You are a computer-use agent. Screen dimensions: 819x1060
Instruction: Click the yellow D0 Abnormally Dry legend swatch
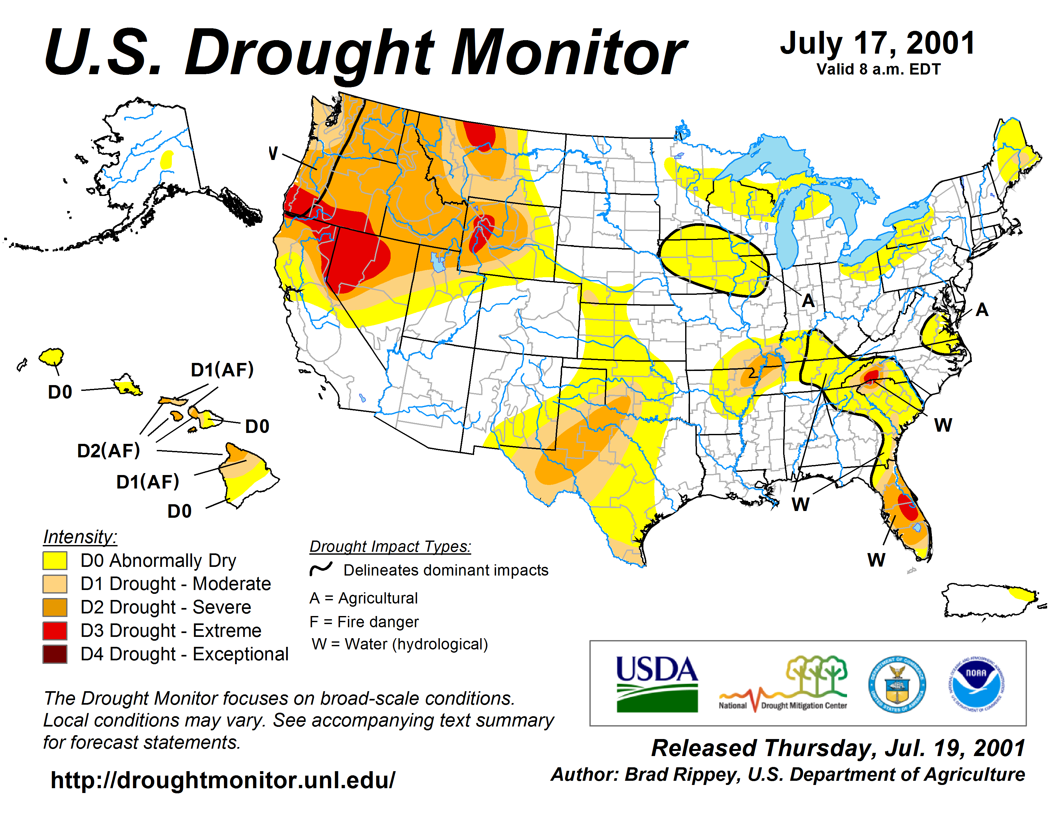(54, 560)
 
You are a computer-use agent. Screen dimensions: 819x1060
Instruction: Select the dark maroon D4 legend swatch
(54, 654)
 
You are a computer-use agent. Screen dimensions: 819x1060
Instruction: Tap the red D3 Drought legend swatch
(54, 631)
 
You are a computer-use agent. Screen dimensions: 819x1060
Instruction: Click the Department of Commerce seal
(897, 684)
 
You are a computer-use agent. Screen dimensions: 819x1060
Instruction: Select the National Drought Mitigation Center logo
(783, 684)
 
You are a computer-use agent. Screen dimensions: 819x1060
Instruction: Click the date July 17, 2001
(878, 44)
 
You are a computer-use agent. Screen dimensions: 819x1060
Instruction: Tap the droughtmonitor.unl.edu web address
(223, 780)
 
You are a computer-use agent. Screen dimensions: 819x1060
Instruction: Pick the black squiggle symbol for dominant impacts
(321, 568)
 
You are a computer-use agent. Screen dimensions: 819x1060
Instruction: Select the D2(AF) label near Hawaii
(108, 451)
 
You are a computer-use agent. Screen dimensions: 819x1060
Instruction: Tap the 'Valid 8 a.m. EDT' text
(879, 69)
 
